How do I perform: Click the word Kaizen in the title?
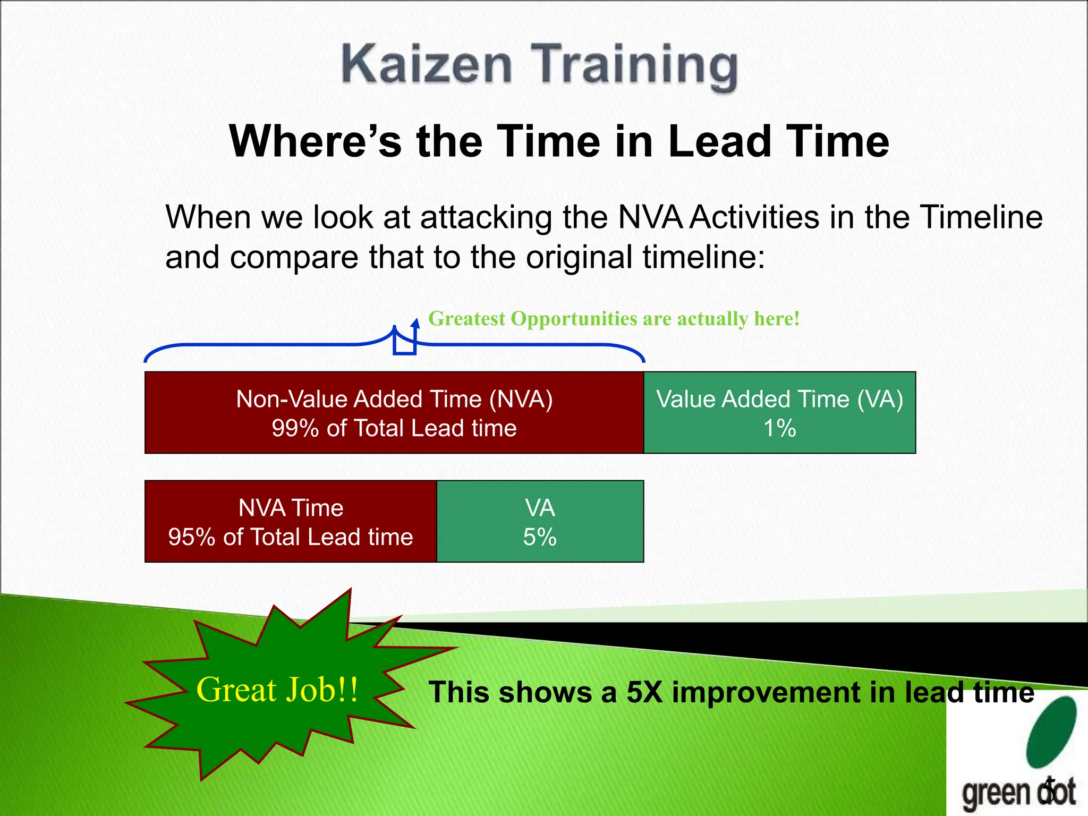pyautogui.click(x=427, y=65)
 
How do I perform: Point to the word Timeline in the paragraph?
pyautogui.click(x=981, y=217)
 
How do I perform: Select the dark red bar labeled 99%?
pyautogui.click(x=394, y=413)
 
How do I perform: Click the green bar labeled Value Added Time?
pyautogui.click(x=779, y=413)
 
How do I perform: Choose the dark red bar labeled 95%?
pyautogui.click(x=291, y=521)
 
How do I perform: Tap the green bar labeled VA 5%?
pyautogui.click(x=540, y=521)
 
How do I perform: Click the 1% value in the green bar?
pyautogui.click(x=779, y=428)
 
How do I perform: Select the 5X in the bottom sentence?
pyautogui.click(x=644, y=693)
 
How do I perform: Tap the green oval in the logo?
pyautogui.click(x=1051, y=732)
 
